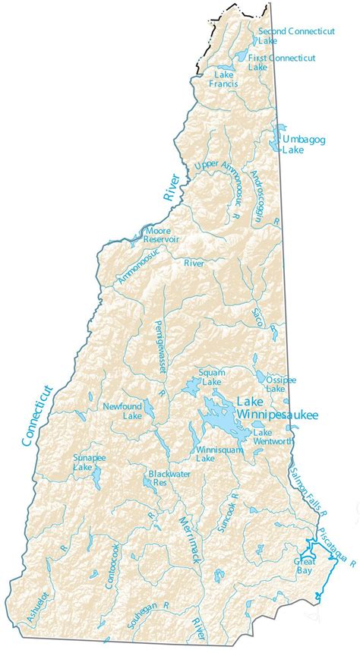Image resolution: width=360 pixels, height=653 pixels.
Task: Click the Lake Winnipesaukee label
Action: (x=276, y=408)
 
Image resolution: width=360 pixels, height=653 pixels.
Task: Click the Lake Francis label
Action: (x=224, y=79)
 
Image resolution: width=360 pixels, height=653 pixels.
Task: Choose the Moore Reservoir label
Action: (x=161, y=234)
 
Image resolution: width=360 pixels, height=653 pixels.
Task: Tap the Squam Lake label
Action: (x=211, y=377)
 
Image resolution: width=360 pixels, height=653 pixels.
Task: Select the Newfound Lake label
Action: (x=122, y=411)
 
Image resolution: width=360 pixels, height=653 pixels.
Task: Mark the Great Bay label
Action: (x=304, y=565)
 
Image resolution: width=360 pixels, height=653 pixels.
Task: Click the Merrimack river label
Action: (x=189, y=540)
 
